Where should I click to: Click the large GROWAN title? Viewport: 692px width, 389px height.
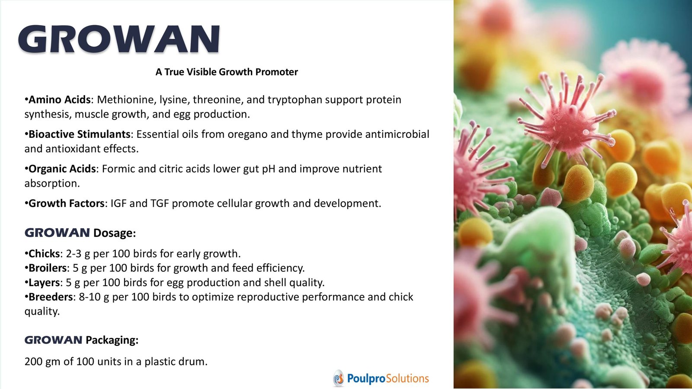pos(119,39)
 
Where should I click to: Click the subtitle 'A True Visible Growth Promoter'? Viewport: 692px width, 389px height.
pos(227,72)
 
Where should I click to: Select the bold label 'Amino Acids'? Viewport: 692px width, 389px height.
pos(60,100)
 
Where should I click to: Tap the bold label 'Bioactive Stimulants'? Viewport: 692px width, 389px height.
pos(80,134)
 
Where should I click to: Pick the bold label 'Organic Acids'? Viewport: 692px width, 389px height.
pos(62,169)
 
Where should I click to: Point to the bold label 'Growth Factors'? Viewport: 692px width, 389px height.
pos(67,204)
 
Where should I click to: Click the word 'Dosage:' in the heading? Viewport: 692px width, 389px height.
pos(115,233)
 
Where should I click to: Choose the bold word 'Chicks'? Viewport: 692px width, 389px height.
pos(44,253)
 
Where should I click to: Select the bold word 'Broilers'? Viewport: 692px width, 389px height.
pos(48,268)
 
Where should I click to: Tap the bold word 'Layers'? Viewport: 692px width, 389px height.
pos(44,283)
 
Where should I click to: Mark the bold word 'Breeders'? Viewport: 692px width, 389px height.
pos(51,297)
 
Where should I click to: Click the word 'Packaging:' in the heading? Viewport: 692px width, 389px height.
pos(112,340)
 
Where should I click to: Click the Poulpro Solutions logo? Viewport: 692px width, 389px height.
pos(381,378)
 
